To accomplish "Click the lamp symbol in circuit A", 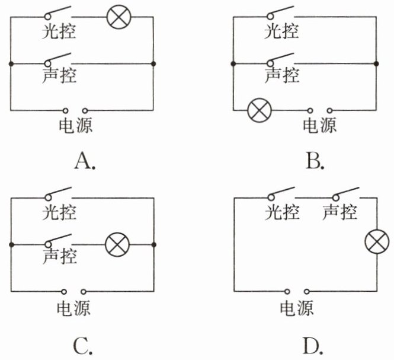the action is point(119,17).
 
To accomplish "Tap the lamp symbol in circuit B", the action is point(260,110).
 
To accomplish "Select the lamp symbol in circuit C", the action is point(117,244).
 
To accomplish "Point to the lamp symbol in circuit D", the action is point(377,242).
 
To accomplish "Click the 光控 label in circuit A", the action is point(59,31).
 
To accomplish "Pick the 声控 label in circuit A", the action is point(59,75).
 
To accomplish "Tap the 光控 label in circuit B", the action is point(281,31).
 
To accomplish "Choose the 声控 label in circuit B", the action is point(282,75).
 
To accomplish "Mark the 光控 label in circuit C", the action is point(59,212).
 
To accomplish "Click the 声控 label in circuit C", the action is point(60,256).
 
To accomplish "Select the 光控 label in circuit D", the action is point(282,212).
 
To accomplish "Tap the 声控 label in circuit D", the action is point(339,212).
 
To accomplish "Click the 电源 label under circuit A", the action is point(76,125).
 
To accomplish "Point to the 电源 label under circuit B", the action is point(319,125).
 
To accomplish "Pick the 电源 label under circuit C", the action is point(73,308).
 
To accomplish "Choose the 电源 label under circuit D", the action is point(297,308).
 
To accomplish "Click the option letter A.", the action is point(85,161).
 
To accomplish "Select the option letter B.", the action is point(315,161).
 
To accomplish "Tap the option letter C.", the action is point(83,346).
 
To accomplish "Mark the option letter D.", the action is point(313,346).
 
